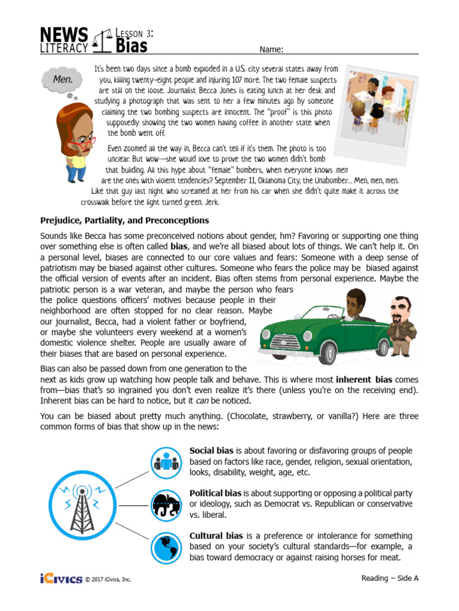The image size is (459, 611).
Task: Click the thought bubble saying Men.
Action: point(63,79)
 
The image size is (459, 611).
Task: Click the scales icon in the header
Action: point(102,41)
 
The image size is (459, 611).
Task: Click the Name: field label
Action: point(271,50)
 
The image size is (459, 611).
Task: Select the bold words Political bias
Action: point(216,493)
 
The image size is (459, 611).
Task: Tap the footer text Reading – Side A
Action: point(390,578)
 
